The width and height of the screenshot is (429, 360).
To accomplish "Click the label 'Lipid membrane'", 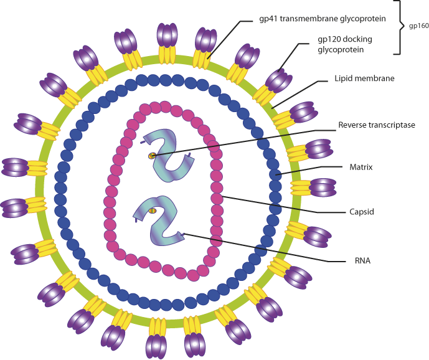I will click(x=364, y=79).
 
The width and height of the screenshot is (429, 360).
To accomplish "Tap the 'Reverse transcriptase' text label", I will click(x=376, y=125).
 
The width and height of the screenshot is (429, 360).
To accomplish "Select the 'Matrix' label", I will click(x=361, y=167).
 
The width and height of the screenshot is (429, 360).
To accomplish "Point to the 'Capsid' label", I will click(x=361, y=212).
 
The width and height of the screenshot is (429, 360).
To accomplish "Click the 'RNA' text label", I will click(x=361, y=260).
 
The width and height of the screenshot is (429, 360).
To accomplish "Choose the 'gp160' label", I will click(x=418, y=27).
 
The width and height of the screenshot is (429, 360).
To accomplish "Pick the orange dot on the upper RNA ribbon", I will click(x=152, y=156).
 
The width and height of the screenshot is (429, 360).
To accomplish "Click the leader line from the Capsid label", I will click(x=280, y=206).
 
